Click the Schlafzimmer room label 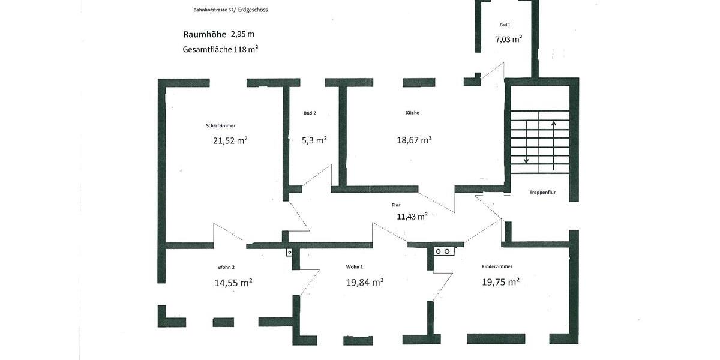coord(220,126)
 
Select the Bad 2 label coord(310,113)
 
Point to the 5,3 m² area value coord(314,140)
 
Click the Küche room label coord(412,113)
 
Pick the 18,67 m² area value coord(414,140)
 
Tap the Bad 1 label coord(505,25)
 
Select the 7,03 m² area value coord(508,39)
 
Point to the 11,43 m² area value coord(412,217)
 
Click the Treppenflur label coord(542,193)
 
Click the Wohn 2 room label coord(226,266)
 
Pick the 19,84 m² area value coord(365,282)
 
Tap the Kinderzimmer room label coord(497,266)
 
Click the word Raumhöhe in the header coord(205,35)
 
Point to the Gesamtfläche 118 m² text coord(220,50)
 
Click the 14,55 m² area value coord(233,283)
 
